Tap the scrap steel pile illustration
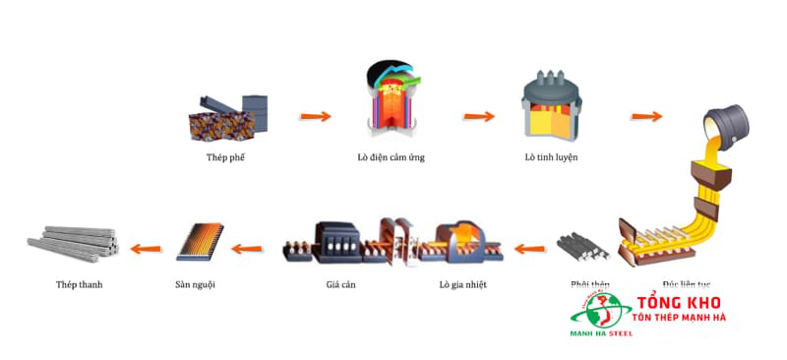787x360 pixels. [227, 116]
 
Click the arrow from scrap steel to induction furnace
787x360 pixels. [316, 117]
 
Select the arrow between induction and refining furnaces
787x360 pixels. [479, 116]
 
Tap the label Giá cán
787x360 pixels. [339, 285]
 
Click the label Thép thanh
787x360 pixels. [79, 285]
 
